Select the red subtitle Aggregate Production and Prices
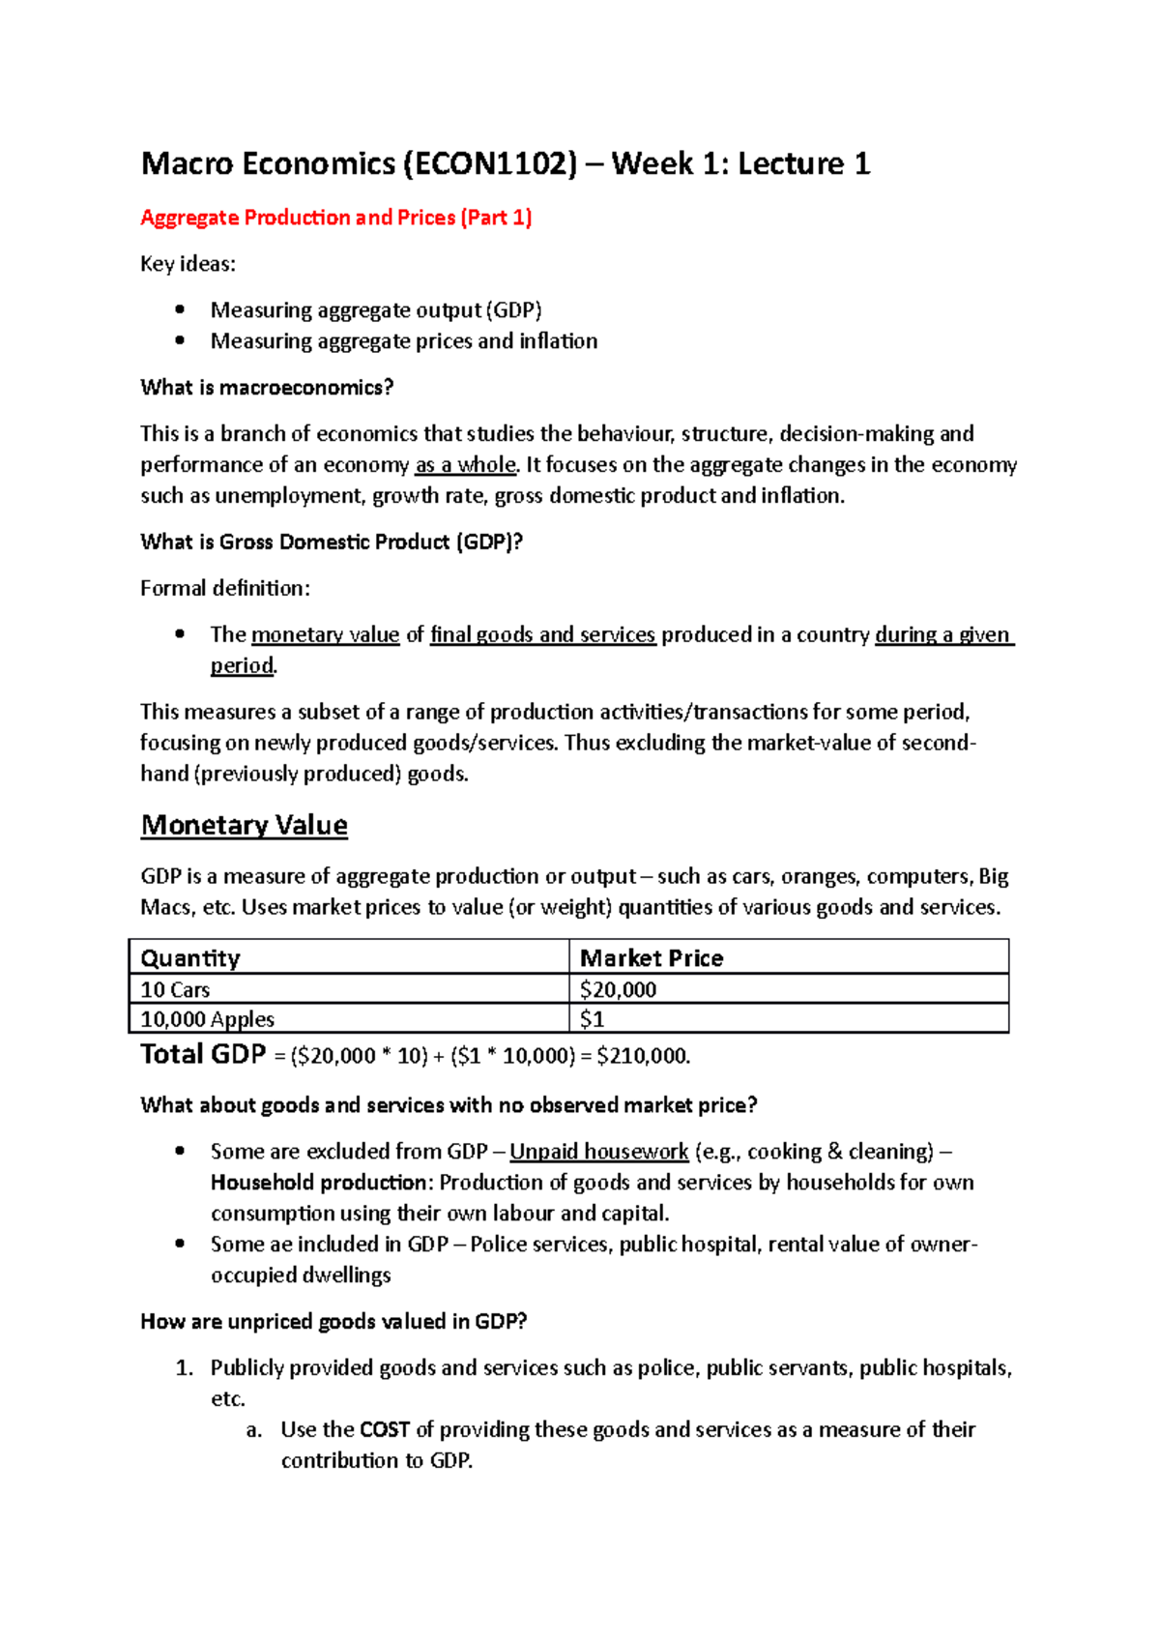(x=335, y=218)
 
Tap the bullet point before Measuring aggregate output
(x=180, y=309)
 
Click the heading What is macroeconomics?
(x=267, y=388)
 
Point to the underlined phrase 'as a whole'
(x=465, y=465)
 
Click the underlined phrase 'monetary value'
(x=325, y=635)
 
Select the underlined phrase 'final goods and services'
(x=542, y=635)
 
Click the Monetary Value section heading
(x=244, y=825)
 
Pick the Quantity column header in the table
(x=190, y=958)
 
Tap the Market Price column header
(x=651, y=958)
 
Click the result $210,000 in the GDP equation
(x=642, y=1056)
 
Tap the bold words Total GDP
(x=203, y=1054)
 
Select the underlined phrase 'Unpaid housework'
(x=598, y=1152)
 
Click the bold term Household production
(x=318, y=1183)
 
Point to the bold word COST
(x=384, y=1430)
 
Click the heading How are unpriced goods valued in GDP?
(x=333, y=1322)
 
